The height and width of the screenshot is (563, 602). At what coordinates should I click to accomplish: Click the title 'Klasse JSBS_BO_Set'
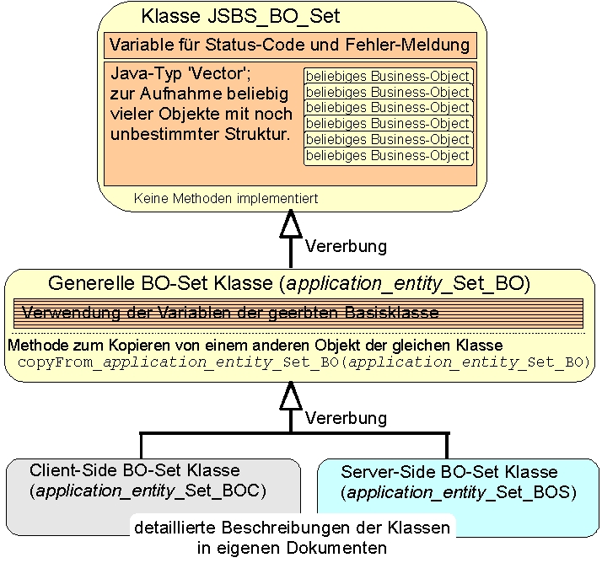tap(240, 16)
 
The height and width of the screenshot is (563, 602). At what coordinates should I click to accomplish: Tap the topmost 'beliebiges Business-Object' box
tap(387, 77)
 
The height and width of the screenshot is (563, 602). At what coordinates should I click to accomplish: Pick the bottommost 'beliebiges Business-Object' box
tap(387, 156)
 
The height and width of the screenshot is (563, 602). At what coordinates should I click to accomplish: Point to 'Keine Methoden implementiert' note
tap(226, 199)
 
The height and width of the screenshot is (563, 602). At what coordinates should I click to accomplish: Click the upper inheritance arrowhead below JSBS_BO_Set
tap(291, 224)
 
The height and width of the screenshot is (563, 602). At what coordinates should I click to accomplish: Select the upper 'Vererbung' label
tap(346, 247)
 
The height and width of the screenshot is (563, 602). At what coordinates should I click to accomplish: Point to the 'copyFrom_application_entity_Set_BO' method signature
tap(303, 362)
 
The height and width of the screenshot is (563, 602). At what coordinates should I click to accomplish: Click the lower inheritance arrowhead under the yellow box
tap(291, 394)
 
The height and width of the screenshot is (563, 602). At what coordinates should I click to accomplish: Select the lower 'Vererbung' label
tap(346, 418)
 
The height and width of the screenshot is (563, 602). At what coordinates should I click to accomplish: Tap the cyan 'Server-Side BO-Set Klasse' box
tap(460, 497)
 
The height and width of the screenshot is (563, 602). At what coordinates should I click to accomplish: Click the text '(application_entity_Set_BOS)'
tap(460, 491)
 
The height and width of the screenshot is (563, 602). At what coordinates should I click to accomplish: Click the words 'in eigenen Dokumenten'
tap(292, 548)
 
